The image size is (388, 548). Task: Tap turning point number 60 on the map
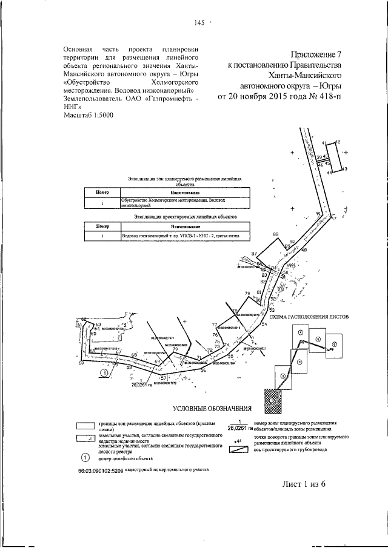click(x=80, y=364)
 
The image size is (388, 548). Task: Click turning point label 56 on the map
click(x=203, y=370)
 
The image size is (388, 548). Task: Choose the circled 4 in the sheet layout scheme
click(x=300, y=332)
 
